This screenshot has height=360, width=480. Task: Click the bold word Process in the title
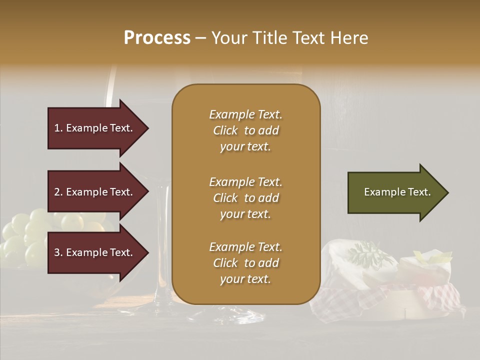[156, 37]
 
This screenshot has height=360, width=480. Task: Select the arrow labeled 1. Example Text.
[95, 128]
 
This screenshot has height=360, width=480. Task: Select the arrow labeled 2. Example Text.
[95, 192]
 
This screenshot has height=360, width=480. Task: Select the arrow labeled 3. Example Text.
[95, 252]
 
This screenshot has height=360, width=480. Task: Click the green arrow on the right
[395, 192]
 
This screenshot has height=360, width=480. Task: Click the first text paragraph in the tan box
[245, 130]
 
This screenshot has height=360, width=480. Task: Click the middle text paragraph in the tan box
[245, 198]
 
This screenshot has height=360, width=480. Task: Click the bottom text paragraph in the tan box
[245, 263]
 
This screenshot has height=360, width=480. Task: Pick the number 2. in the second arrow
[58, 192]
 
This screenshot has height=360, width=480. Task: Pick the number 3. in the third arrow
[58, 252]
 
